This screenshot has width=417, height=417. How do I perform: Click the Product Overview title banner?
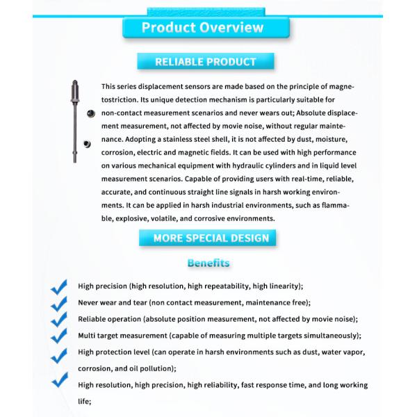[x=203, y=28]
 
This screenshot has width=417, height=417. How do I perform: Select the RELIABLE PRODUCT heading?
[x=205, y=62]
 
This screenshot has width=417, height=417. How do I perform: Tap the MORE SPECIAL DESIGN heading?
[x=211, y=238]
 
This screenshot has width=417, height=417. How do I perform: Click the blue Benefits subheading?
[x=208, y=263]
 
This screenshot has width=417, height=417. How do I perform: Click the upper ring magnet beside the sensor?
[x=90, y=113]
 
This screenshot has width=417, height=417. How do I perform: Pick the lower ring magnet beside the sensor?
[x=86, y=144]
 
